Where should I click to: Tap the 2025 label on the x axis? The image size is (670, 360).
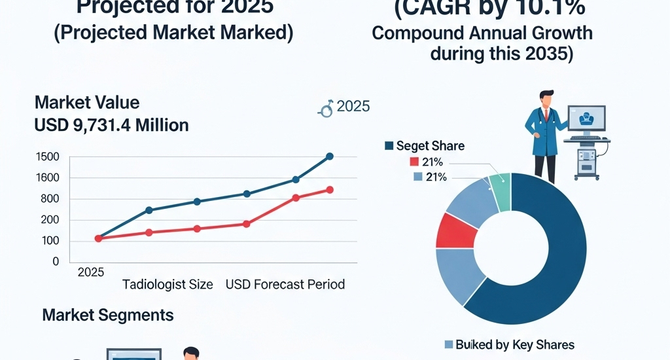tap(91, 272)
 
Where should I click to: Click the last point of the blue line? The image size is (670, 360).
tap(329, 156)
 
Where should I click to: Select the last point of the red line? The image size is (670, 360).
tap(329, 190)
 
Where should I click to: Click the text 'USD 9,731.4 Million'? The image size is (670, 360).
tap(111, 125)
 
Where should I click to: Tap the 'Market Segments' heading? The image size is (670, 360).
tap(108, 315)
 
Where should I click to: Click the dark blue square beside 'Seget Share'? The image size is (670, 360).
tap(389, 145)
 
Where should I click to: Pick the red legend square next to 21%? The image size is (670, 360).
tap(414, 162)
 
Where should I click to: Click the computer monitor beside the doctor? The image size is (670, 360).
tap(586, 120)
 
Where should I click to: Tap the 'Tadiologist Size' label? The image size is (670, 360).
tap(167, 285)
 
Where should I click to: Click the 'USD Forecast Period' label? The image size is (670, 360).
tap(285, 285)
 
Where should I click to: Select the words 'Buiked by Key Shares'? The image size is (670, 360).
tap(514, 345)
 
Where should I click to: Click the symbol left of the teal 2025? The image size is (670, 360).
tap(326, 108)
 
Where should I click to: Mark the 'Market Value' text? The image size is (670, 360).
tap(87, 103)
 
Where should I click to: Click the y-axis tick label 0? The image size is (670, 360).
tap(56, 261)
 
